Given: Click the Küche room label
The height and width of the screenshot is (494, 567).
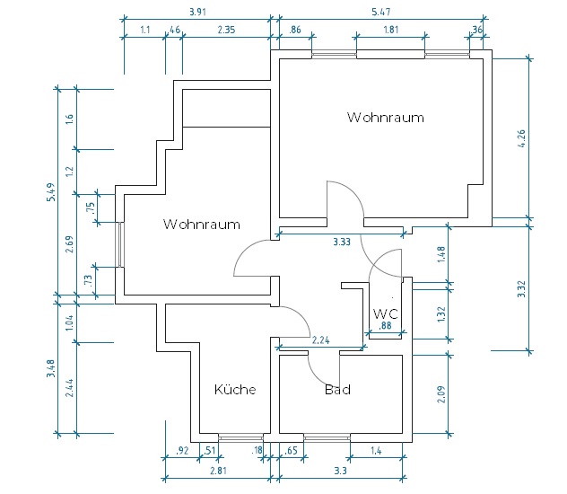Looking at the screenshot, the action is point(235,390).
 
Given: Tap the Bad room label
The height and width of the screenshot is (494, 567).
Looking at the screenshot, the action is point(337,390).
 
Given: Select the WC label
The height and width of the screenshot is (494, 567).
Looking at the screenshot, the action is point(386,313).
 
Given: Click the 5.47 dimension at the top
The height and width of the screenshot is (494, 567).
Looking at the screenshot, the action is point(381,12).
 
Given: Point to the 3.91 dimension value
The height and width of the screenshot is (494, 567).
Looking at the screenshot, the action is point(197,12).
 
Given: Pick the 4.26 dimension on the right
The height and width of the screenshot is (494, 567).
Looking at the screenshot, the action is point(521,138).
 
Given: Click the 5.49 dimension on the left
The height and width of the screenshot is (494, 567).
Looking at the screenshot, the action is point(51,192).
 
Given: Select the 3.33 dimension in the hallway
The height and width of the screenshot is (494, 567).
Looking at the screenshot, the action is point(342,242).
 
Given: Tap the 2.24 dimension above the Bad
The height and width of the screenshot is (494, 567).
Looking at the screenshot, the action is point(321,340).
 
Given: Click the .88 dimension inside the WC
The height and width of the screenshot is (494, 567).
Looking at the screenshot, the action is point(385,326).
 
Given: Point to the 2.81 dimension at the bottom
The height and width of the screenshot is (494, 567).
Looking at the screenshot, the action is point(218,471).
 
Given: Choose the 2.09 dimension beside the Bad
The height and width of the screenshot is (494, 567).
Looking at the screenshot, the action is point(441,394).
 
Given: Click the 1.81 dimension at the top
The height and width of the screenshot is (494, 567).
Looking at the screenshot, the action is point(391,30).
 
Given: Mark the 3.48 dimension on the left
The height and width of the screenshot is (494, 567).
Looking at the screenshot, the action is point(51,368).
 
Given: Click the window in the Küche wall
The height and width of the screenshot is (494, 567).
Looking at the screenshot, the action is point(240,438).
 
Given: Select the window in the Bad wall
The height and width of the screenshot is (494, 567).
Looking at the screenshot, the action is point(327,438).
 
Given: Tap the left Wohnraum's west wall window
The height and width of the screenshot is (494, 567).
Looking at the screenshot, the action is point(119,245).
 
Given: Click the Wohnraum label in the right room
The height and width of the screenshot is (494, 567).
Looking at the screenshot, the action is point(386,118).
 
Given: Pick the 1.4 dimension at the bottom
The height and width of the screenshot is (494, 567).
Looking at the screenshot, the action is point(376,451).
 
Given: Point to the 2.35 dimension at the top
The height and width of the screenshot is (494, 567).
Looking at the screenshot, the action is point(226,30).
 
